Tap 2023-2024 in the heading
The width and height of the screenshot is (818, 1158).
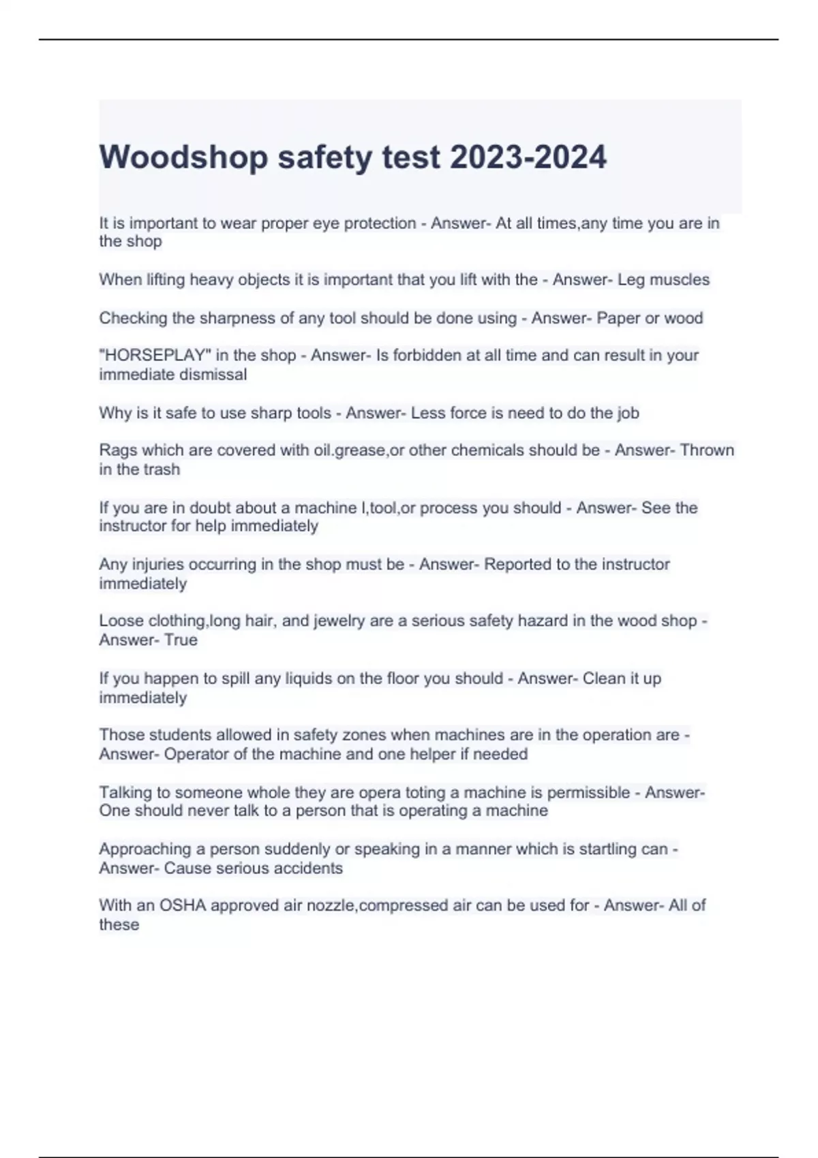(528, 157)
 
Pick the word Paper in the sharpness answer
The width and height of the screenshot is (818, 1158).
(617, 318)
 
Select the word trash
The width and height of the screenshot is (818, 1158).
(162, 469)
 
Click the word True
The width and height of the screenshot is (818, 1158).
(181, 640)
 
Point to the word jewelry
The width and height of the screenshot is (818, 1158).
(338, 621)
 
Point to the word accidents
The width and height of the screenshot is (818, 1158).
(307, 868)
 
